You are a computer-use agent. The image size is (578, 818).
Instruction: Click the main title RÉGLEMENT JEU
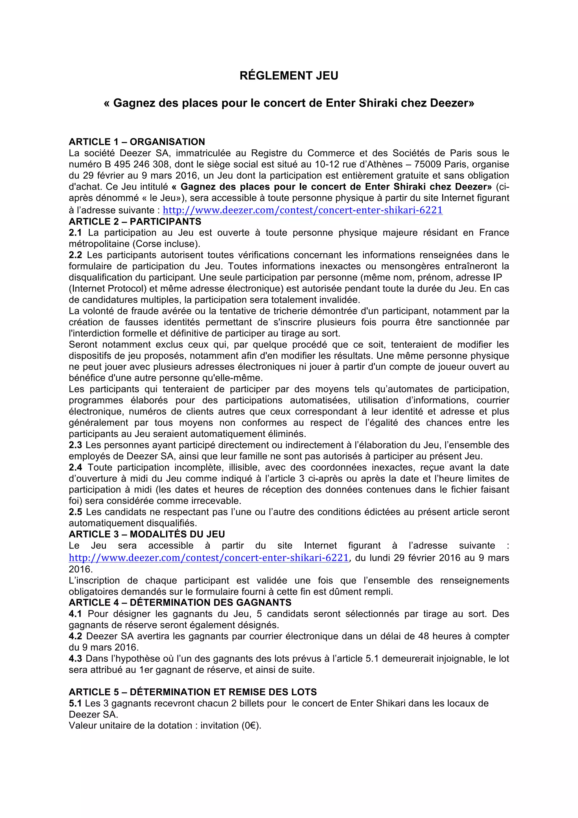289,76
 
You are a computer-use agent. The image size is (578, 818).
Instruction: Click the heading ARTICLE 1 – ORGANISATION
137,142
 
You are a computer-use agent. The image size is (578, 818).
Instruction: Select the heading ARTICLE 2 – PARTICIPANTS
135,222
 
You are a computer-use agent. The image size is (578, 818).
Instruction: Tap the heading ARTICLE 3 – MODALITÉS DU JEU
147,534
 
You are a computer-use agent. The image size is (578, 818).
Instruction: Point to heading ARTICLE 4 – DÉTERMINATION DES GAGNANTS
180,602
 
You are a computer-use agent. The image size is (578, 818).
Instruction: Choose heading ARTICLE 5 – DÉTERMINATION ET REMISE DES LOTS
193,692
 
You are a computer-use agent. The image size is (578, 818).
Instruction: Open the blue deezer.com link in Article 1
303,210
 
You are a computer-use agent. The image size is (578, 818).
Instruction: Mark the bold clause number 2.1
75,233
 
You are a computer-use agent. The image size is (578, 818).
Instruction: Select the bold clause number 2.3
75,445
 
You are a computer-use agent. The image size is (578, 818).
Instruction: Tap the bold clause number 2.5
75,512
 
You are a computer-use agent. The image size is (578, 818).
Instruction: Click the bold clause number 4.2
75,636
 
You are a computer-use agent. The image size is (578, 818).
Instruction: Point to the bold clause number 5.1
75,703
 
